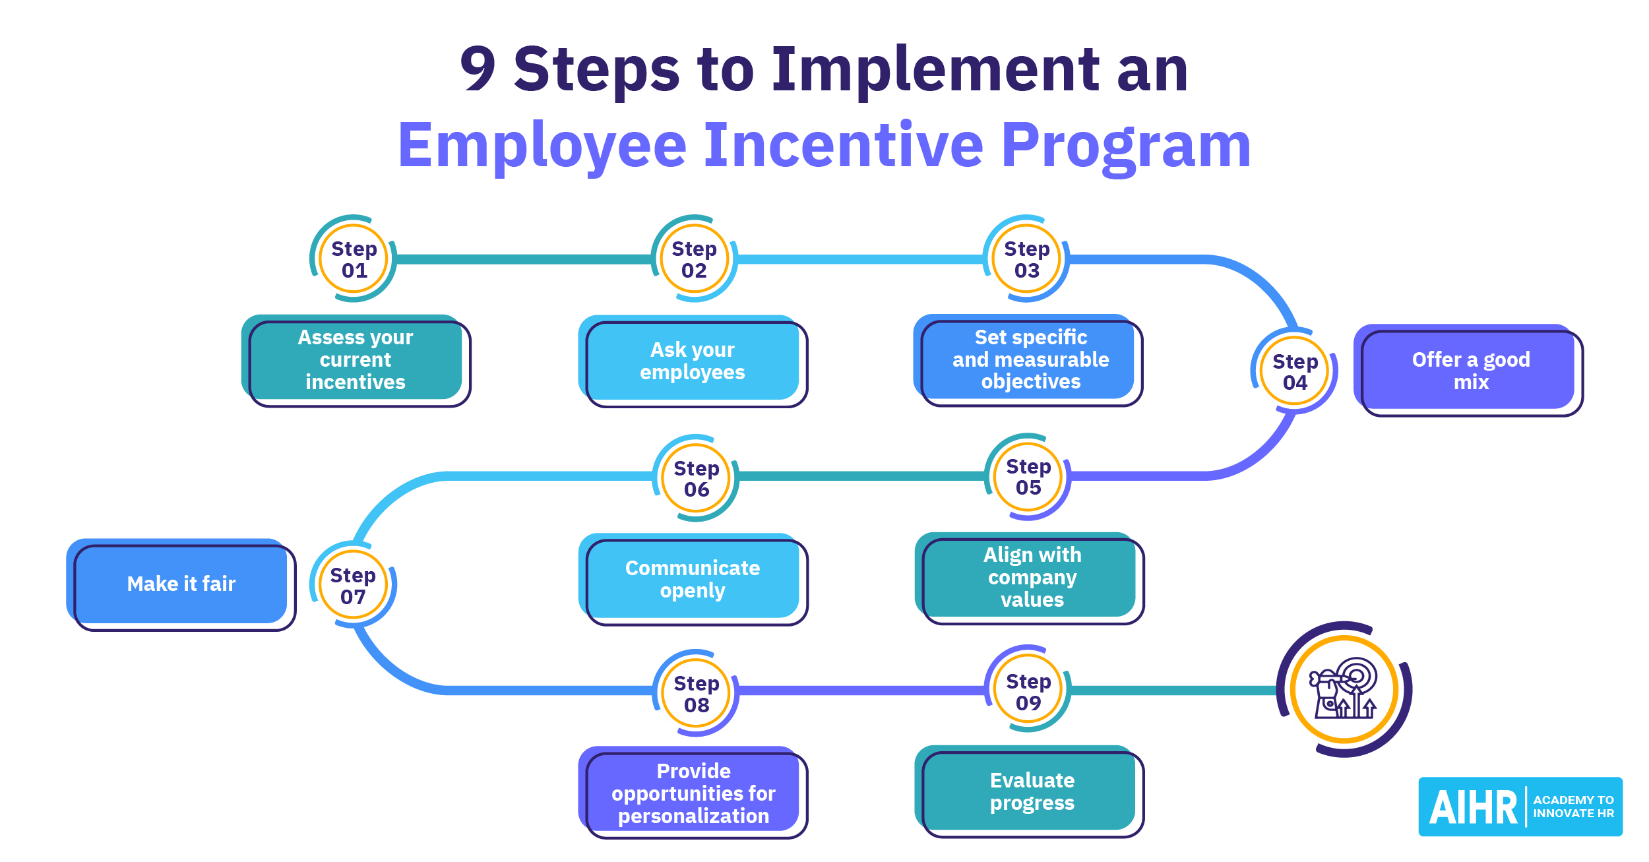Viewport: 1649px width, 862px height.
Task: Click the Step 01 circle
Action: (354, 259)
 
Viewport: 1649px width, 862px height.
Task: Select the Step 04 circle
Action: (1294, 371)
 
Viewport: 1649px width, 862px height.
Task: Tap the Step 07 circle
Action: (353, 585)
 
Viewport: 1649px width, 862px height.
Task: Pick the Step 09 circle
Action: (1028, 691)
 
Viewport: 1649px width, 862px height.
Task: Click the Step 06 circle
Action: (696, 478)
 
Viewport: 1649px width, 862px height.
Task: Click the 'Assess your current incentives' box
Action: (356, 360)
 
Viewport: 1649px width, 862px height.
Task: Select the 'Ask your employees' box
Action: (692, 361)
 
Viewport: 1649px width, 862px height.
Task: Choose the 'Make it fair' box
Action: (181, 584)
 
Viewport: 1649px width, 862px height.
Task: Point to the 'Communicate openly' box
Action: (692, 579)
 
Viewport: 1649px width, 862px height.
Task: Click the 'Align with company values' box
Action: (1032, 577)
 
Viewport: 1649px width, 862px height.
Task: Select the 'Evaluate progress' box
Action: (1032, 791)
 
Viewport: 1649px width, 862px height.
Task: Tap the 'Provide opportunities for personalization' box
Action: (693, 793)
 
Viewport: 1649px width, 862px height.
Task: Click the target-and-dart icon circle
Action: (1344, 689)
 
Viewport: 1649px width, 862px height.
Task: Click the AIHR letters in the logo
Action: (1472, 807)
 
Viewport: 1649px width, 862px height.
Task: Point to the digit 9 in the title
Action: (478, 69)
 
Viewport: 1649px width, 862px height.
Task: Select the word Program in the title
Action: (1125, 146)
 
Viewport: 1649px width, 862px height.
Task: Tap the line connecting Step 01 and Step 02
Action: (524, 260)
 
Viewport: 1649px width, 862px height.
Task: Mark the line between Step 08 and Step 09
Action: (861, 691)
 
